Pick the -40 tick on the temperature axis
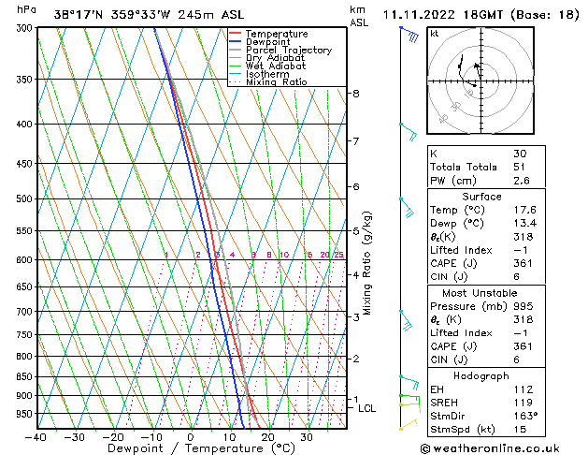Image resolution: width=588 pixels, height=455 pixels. click(x=36, y=436)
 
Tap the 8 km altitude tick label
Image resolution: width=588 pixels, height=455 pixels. click(x=355, y=94)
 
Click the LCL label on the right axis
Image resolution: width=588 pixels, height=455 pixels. click(x=367, y=408)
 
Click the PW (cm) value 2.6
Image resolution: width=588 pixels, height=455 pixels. click(x=521, y=181)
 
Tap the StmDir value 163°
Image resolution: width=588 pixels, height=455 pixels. click(x=525, y=415)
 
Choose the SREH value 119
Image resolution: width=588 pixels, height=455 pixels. click(x=521, y=402)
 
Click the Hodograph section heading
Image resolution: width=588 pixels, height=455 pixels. click(x=480, y=375)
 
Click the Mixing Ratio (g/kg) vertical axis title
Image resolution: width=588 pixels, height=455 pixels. click(x=368, y=263)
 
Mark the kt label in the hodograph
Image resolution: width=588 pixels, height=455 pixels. click(x=434, y=33)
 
